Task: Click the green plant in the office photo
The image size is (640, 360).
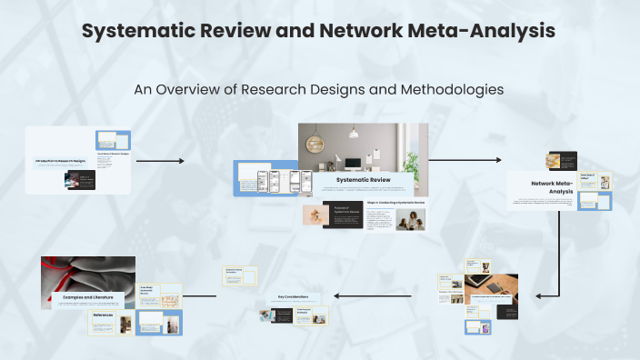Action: (412, 164)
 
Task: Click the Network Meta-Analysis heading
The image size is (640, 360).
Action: (553, 187)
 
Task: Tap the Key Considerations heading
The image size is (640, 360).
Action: (294, 297)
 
